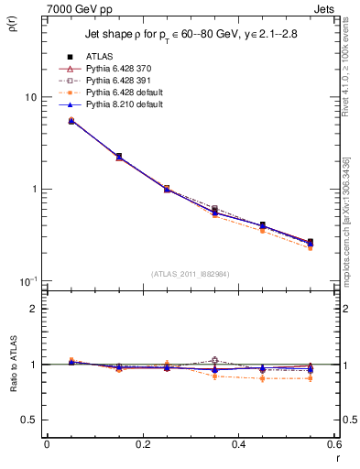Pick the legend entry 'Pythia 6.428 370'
[121, 70]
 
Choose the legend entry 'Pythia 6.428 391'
[121, 82]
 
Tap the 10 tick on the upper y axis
[30, 97]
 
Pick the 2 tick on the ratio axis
[34, 309]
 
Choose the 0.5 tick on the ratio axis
[29, 420]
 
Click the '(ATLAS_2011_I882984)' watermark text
[191, 273]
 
